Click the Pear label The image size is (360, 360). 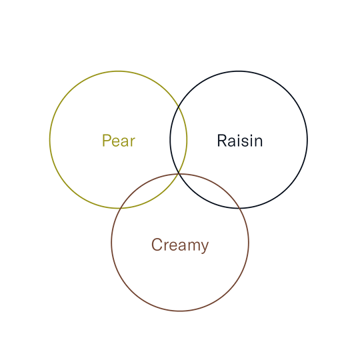tap(119, 141)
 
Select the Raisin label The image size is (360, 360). tap(240, 141)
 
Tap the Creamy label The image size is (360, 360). tap(180, 245)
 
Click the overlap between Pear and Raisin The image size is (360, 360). tap(179, 139)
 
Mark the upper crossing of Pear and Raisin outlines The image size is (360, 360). tap(179, 106)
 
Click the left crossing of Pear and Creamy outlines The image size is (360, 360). tap(121, 208)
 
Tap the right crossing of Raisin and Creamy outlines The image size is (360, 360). tap(240, 208)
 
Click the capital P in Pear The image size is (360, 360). tap(106, 141)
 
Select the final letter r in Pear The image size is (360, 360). tap(133, 143)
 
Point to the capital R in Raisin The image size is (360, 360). tap(222, 141)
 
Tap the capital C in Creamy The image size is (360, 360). tap(157, 244)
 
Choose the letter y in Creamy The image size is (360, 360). tap(204, 247)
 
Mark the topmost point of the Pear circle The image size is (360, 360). tap(119, 71)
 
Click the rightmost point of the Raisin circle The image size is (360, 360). tap(307, 139)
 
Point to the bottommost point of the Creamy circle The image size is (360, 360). tap(180, 311)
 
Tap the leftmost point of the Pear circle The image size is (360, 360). tap(50, 139)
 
